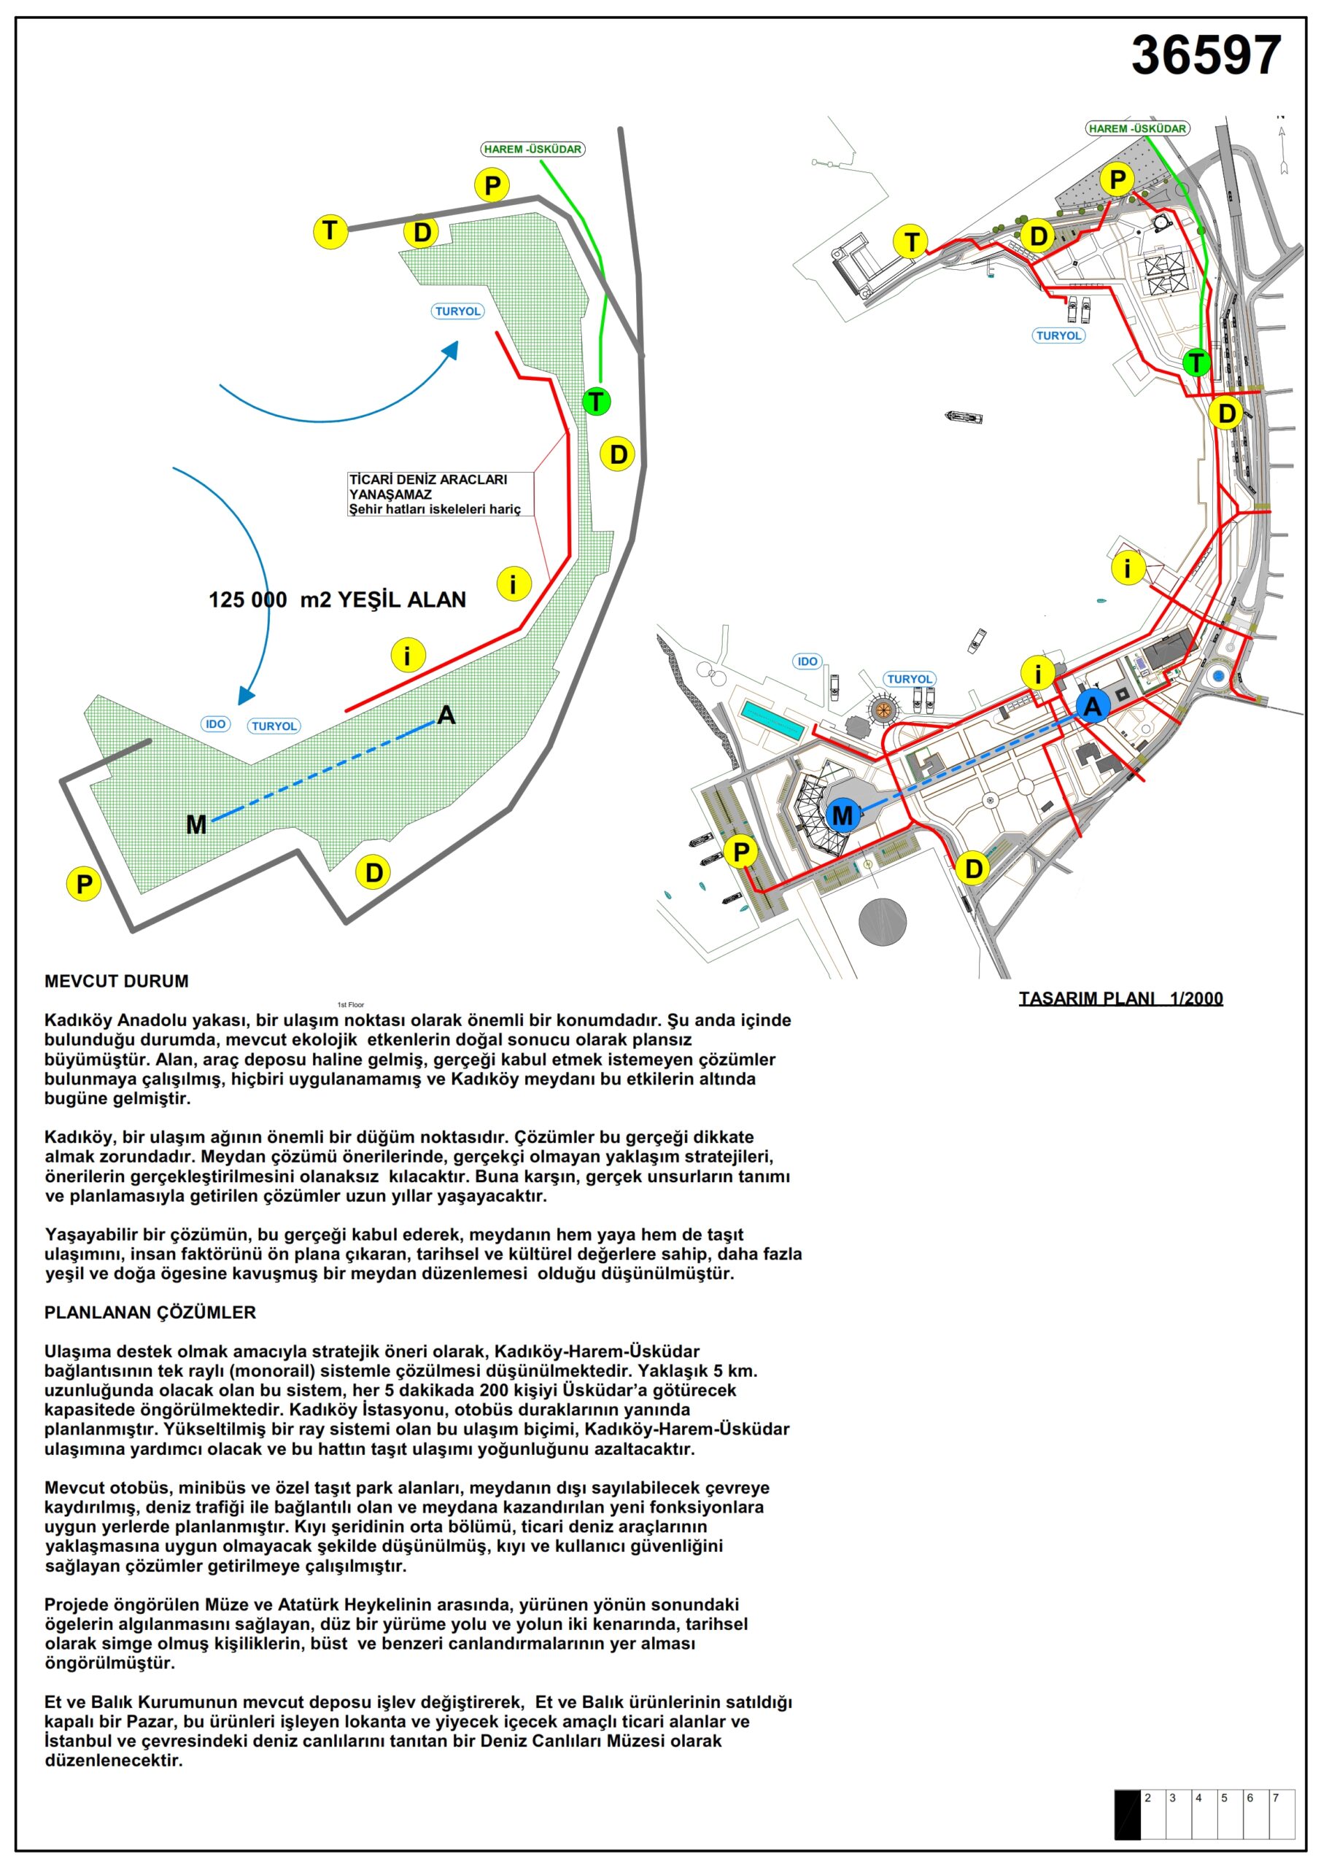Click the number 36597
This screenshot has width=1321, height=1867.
click(1206, 55)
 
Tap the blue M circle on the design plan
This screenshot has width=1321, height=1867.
click(842, 815)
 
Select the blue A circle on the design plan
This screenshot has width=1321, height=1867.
click(1093, 706)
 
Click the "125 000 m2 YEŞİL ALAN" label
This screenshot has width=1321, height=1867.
click(337, 600)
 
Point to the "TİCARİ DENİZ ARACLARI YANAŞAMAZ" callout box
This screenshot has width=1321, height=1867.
click(440, 494)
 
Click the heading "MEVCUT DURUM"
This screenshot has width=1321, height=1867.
click(116, 982)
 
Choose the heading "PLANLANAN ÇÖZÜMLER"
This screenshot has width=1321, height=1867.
click(150, 1313)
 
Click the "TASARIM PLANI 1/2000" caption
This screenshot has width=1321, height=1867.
click(1120, 998)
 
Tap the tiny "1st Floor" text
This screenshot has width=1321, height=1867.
click(351, 1005)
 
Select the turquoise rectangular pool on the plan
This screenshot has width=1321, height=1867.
click(771, 721)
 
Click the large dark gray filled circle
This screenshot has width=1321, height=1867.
click(883, 921)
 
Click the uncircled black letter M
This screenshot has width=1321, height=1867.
click(196, 825)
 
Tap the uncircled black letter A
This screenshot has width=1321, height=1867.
click(446, 715)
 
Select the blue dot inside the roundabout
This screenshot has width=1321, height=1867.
click(1217, 677)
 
